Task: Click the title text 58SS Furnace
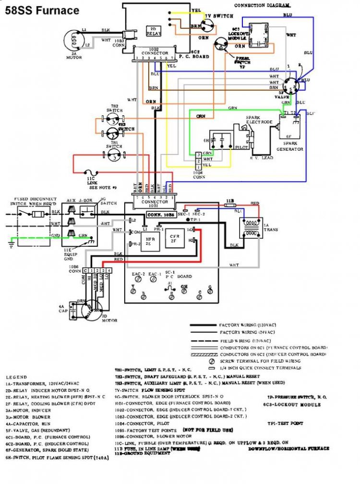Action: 42,10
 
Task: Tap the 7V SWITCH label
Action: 219,16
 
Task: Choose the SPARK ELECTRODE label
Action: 259,120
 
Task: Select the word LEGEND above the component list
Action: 16,377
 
